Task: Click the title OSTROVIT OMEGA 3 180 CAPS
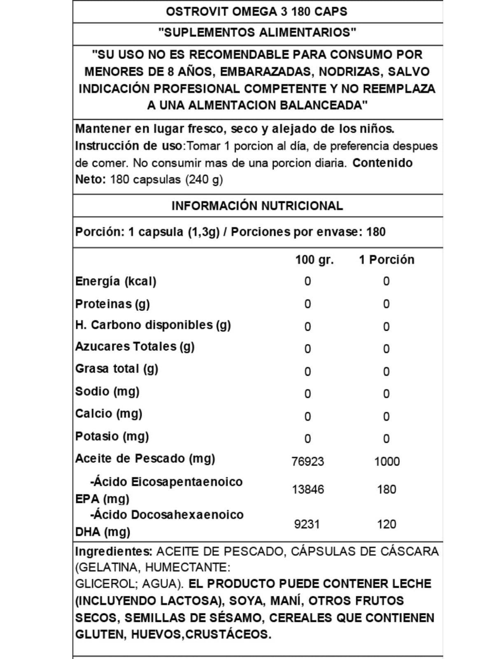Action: (256, 12)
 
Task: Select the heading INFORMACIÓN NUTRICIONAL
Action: (257, 206)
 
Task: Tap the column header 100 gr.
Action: (314, 260)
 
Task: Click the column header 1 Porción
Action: (387, 260)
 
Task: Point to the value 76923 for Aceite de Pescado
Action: (308, 461)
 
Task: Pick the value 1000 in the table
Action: (387, 461)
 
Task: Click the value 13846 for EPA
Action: (308, 489)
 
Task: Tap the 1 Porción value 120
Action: (387, 524)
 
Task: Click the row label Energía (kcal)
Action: (116, 281)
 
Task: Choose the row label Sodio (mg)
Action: (107, 391)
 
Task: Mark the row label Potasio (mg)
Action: (112, 436)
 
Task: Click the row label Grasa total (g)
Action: (117, 369)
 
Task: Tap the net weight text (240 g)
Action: (204, 180)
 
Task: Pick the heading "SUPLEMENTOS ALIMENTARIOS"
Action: (257, 33)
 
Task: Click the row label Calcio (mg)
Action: (109, 414)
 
